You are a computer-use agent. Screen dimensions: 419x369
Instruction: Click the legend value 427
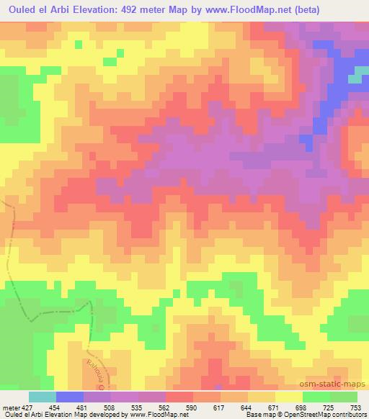26,407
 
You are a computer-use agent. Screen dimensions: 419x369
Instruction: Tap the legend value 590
191,407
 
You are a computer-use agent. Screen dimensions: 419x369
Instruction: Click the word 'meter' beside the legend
10,407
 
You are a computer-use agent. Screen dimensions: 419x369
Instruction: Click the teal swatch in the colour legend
43,397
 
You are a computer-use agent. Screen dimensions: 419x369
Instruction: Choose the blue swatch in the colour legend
70,397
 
